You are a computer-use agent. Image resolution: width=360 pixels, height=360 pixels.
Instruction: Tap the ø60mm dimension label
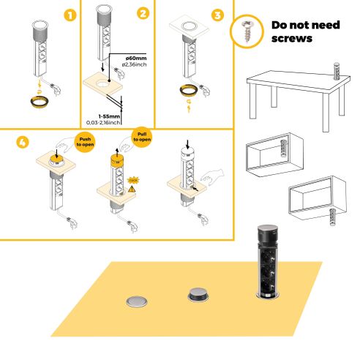pos(137,57)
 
